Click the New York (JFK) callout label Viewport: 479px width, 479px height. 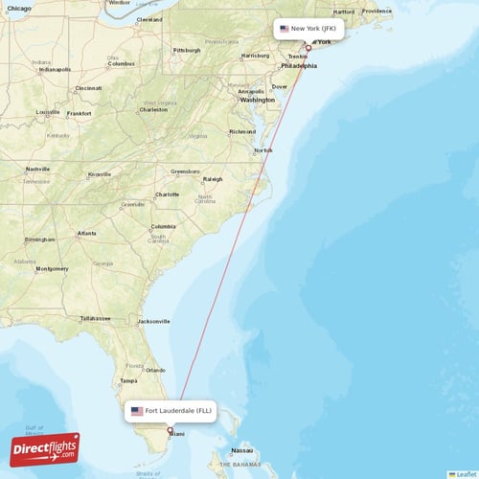(308, 29)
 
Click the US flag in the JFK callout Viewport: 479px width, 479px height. (285, 29)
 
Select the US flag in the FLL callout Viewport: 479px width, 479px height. (137, 411)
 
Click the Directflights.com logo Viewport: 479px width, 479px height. (45, 448)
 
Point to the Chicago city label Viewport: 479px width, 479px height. (17, 7)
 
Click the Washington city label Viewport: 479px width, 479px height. (258, 100)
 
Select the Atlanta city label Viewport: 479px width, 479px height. (86, 233)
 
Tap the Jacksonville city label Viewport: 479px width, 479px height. (153, 321)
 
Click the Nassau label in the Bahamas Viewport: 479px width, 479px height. (242, 450)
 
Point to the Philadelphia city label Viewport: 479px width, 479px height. (299, 67)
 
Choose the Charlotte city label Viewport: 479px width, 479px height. (168, 194)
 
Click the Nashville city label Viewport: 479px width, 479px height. (38, 169)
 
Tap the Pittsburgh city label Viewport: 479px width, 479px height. (186, 50)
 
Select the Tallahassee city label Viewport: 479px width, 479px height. (95, 318)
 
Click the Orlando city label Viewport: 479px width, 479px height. (157, 369)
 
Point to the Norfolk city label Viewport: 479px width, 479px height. (262, 150)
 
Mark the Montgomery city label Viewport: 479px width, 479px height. (51, 269)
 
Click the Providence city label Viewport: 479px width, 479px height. (376, 11)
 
